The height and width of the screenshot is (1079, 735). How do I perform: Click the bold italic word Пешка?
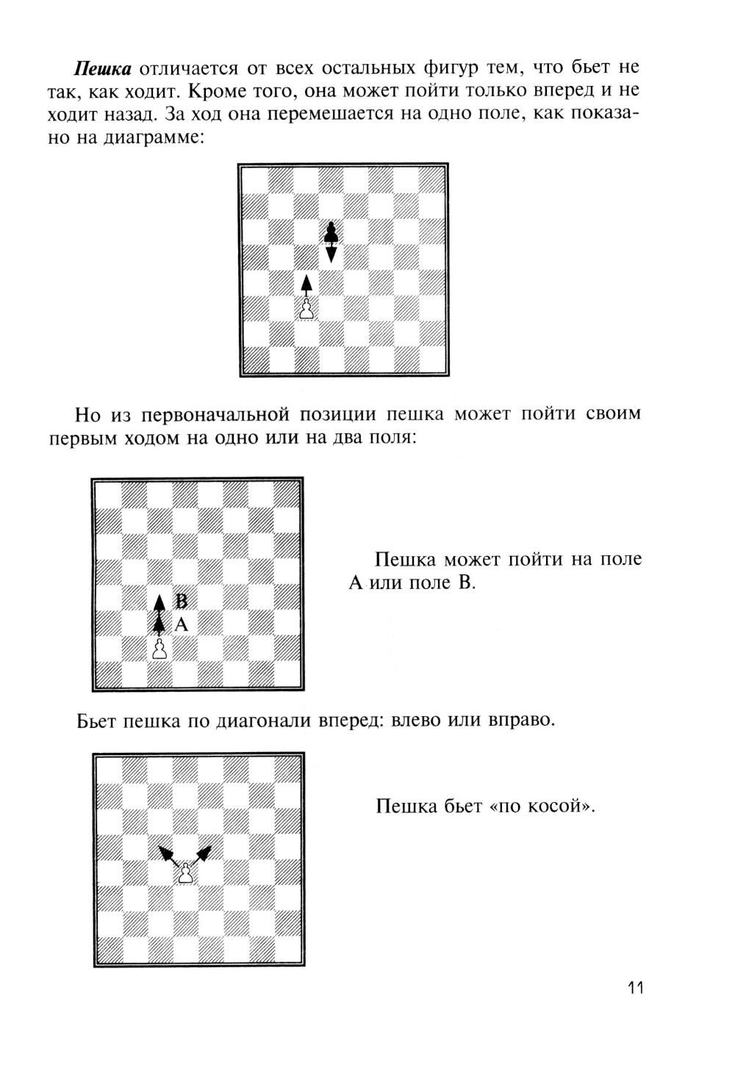point(102,69)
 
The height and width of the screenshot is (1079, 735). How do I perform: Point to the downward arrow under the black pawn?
point(331,253)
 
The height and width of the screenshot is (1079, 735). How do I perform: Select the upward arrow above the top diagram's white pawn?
point(306,285)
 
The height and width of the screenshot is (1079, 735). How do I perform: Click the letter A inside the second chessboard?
point(182,625)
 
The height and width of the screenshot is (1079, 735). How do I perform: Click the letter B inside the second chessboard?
point(182,600)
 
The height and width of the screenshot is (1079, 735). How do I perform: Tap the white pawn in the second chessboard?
point(159,649)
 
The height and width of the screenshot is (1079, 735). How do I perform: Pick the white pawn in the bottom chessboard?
point(187,874)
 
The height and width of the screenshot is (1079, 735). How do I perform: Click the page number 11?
point(636,988)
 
